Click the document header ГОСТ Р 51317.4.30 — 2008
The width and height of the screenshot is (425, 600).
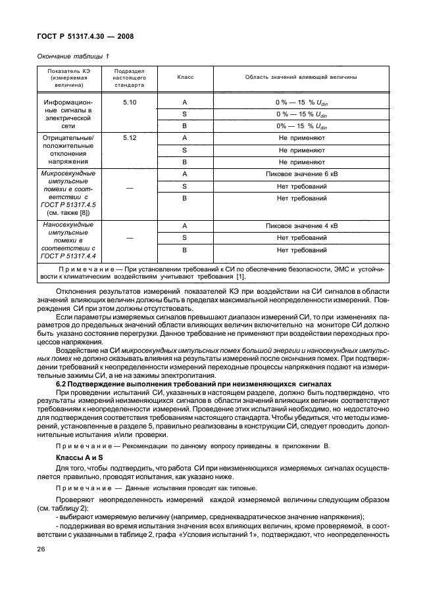[x=84, y=37]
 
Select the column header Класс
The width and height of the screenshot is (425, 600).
[x=185, y=77]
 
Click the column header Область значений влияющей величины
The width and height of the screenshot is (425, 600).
[x=301, y=77]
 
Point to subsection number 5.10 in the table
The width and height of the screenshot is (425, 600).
[x=130, y=102]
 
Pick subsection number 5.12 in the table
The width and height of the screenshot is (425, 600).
[x=130, y=137]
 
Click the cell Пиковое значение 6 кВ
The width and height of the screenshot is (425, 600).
[x=301, y=173]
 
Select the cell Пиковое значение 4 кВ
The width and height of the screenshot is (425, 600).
[x=301, y=226]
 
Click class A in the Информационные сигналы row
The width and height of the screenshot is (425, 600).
[x=185, y=102]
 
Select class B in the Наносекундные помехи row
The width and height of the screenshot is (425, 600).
[x=185, y=250]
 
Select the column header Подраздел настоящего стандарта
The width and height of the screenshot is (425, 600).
[x=130, y=77]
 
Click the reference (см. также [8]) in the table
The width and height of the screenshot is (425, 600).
[x=69, y=213]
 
